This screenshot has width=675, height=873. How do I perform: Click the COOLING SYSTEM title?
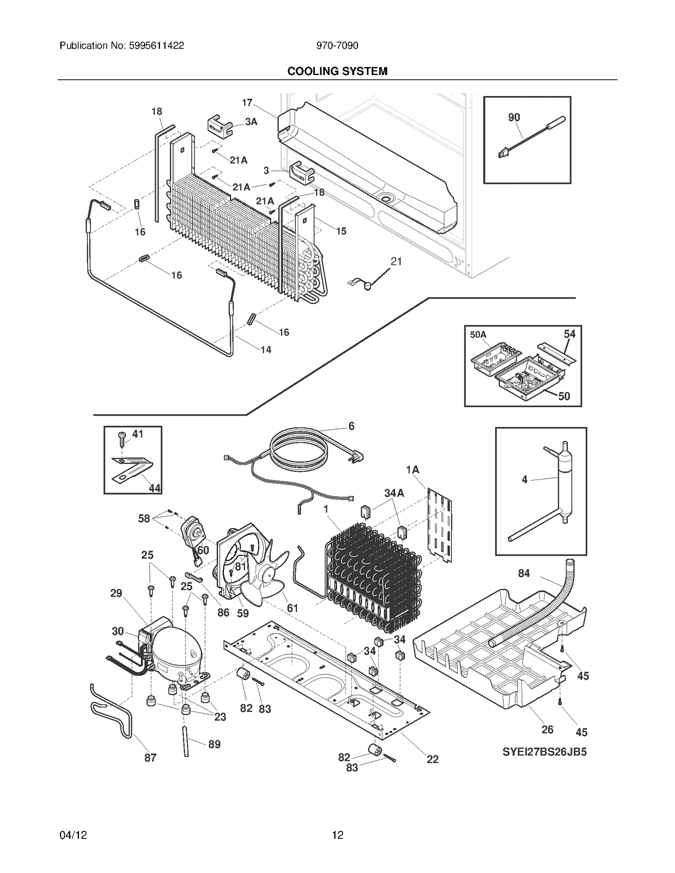click(337, 71)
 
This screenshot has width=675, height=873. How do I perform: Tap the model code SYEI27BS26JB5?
click(544, 752)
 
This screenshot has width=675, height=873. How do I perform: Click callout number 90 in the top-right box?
click(514, 118)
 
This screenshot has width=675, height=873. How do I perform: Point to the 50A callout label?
click(478, 335)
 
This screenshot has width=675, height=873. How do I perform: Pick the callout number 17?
click(247, 102)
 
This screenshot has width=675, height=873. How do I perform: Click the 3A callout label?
click(251, 122)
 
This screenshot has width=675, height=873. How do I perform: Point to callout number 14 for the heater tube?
click(266, 349)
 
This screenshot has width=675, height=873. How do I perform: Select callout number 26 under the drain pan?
click(547, 730)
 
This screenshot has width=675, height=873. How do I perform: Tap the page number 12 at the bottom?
click(337, 835)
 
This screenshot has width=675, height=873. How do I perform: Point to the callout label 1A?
click(413, 470)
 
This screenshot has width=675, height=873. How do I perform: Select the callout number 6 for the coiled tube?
click(351, 426)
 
